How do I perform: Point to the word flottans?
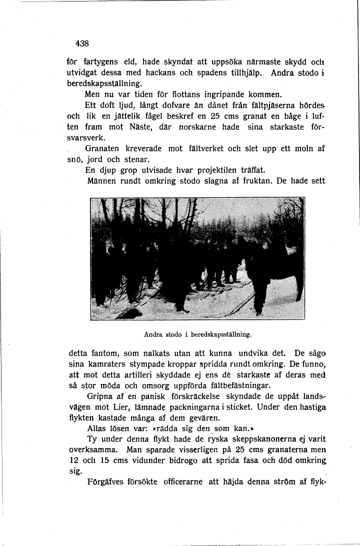pos(185,94)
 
